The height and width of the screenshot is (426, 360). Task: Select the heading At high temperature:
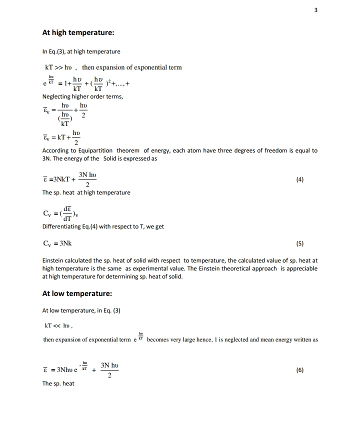pyautogui.click(x=78, y=33)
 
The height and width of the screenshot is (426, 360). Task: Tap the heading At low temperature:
pyautogui.click(x=77, y=293)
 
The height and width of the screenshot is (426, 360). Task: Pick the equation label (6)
pyautogui.click(x=299, y=370)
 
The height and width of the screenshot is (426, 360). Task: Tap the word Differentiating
pyautogui.click(x=62, y=226)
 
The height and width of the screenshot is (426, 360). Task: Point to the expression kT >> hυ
pyautogui.click(x=59, y=67)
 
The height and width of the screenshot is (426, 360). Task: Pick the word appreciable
pyautogui.click(x=299, y=268)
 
